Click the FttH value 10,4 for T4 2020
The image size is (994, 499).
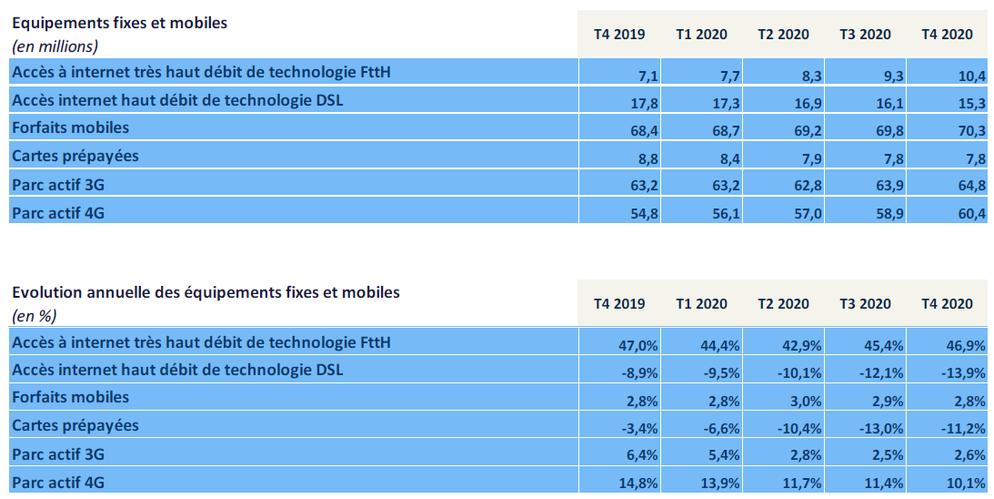972,75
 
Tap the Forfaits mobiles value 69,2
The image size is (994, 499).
808,131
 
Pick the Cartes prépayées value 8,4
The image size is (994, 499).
726,158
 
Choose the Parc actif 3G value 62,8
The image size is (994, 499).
808,186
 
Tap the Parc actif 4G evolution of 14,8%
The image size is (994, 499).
638,484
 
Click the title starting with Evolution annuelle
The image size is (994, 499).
206,292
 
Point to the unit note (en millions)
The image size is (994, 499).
55,46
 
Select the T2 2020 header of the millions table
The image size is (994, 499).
783,35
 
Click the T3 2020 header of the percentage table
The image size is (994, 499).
865,304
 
